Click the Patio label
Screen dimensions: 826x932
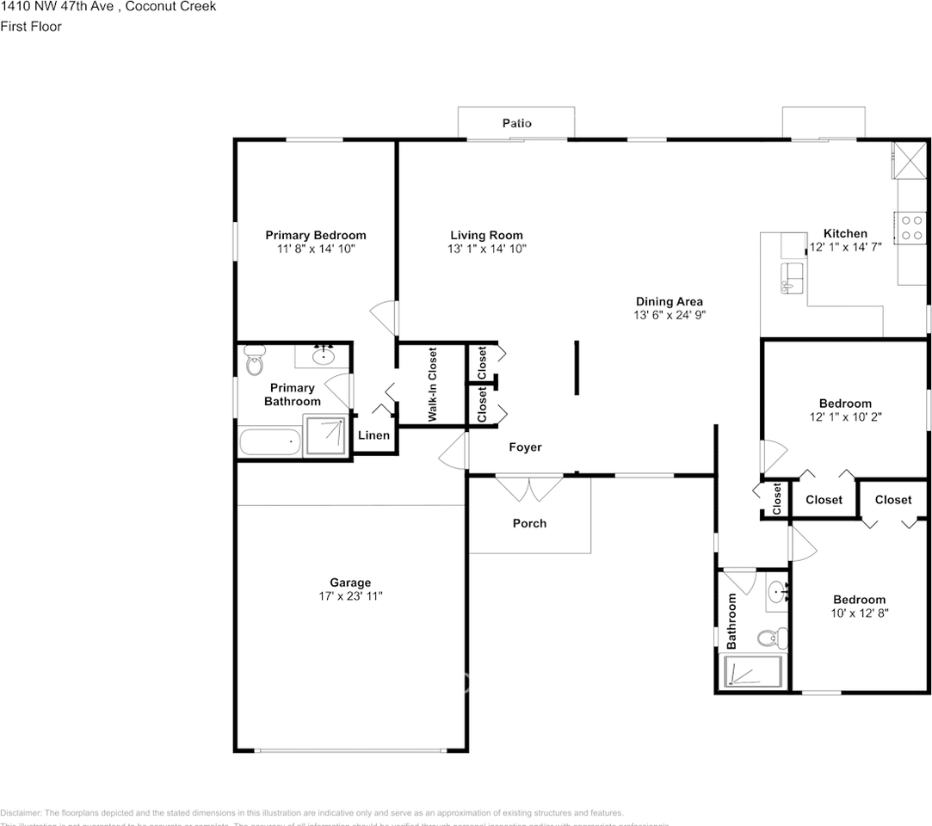tap(516, 123)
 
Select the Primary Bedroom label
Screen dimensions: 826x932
tap(315, 235)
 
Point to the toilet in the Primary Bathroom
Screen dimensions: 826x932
tap(255, 361)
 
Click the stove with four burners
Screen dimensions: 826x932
tap(911, 227)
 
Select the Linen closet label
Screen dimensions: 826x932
tap(373, 435)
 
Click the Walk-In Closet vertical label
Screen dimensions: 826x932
tap(432, 384)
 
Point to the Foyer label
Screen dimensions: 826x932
tap(525, 447)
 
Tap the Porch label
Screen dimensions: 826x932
tap(529, 523)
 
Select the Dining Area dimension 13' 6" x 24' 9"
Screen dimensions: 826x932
tap(669, 315)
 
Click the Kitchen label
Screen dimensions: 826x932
tap(845, 233)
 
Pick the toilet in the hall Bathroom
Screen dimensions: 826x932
tap(769, 638)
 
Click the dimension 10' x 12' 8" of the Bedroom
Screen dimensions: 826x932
tap(859, 613)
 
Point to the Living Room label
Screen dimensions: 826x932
tap(486, 235)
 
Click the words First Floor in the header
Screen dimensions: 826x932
tap(31, 26)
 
